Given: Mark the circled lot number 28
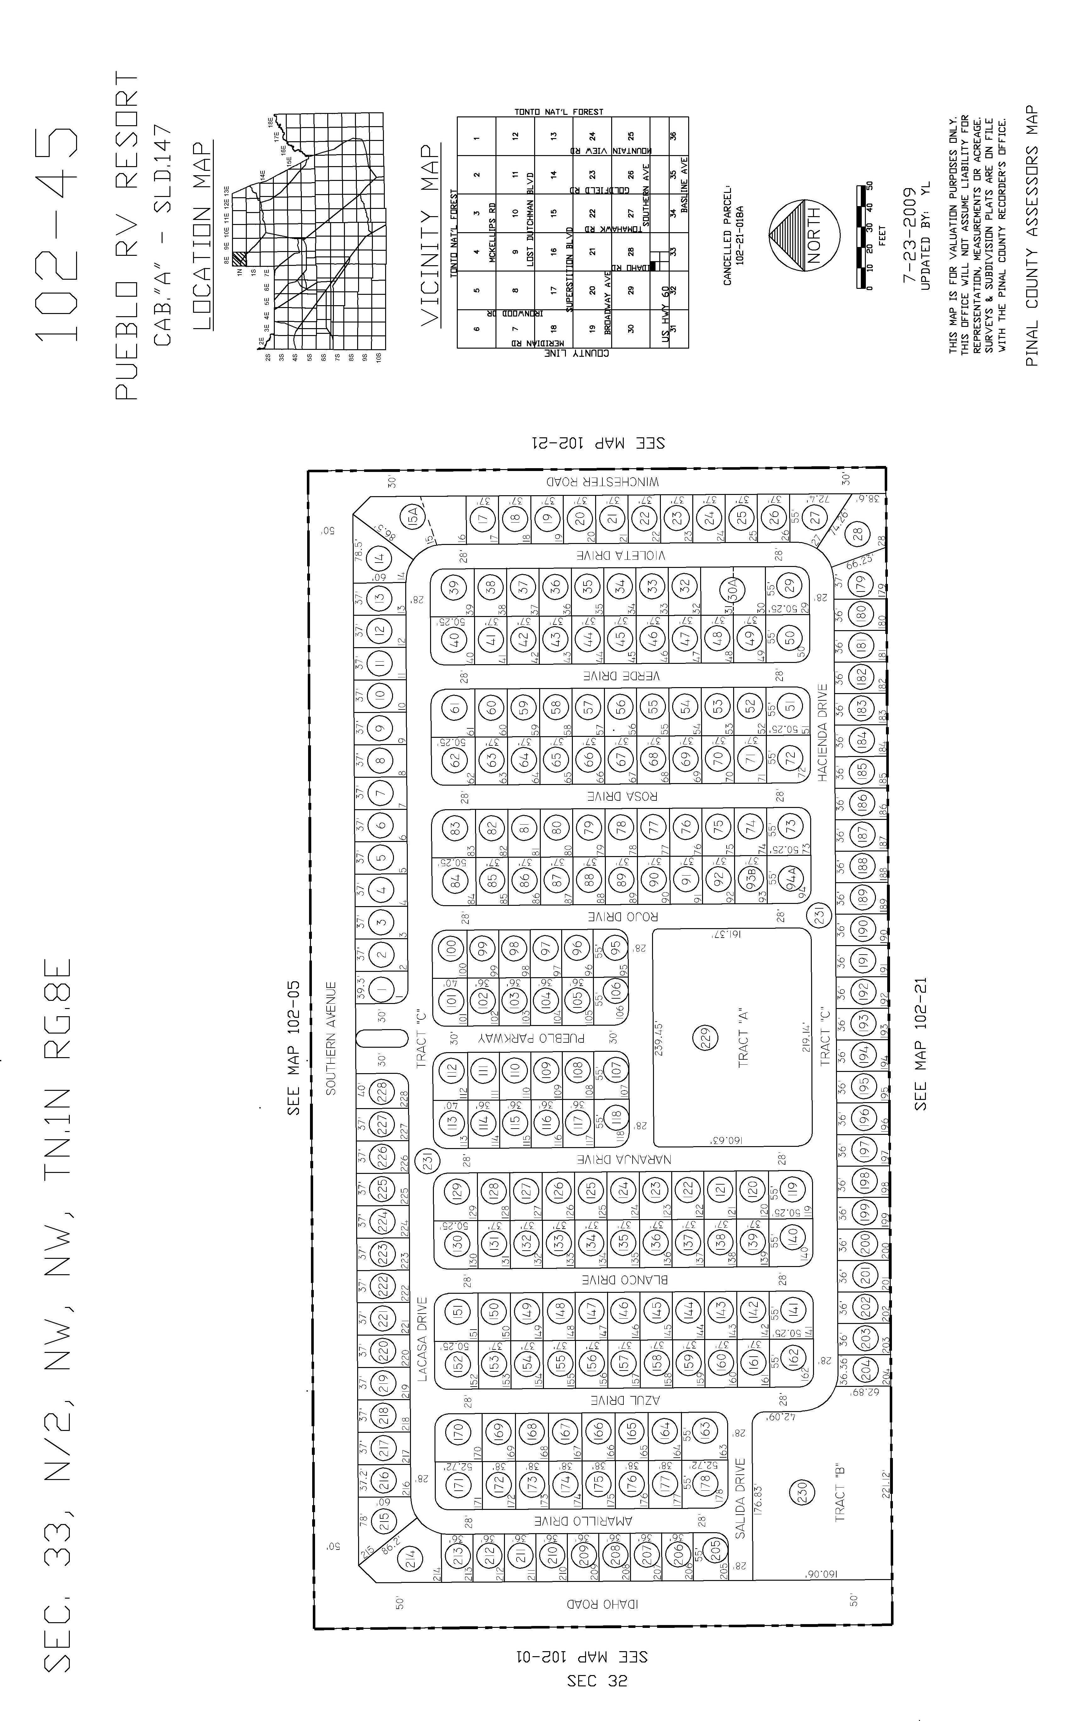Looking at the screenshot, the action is click(x=858, y=535).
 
